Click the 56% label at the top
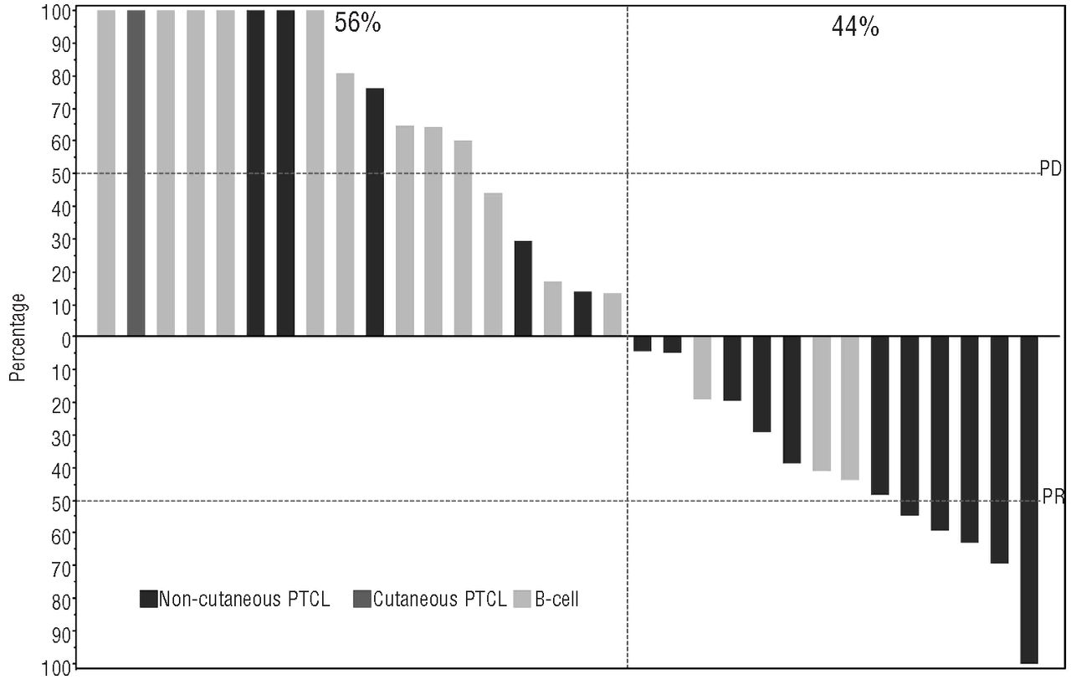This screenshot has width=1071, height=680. (x=357, y=23)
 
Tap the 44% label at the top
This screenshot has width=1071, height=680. (x=855, y=27)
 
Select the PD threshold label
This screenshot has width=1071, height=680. (x=1050, y=168)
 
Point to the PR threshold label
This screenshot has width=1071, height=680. (x=1053, y=497)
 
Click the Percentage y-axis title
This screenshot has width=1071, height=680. (x=18, y=337)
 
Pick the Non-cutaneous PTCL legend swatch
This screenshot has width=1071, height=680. (x=149, y=599)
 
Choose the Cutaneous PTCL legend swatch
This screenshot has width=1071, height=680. (x=362, y=599)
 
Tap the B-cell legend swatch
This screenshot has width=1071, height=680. (x=522, y=599)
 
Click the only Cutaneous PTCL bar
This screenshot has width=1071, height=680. (x=136, y=173)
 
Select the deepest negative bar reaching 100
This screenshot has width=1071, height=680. (x=1029, y=500)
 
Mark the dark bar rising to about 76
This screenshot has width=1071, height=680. (x=375, y=212)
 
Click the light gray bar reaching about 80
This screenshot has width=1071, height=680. (x=346, y=204)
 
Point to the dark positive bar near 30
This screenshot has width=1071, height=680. (x=523, y=288)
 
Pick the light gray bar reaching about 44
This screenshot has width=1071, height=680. (x=493, y=264)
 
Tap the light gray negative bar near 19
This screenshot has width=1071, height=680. (x=702, y=368)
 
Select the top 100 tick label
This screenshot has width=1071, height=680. (x=56, y=13)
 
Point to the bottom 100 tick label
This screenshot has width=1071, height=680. (x=56, y=667)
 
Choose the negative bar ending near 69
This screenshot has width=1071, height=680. (x=999, y=450)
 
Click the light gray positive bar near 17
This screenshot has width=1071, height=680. (x=553, y=309)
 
